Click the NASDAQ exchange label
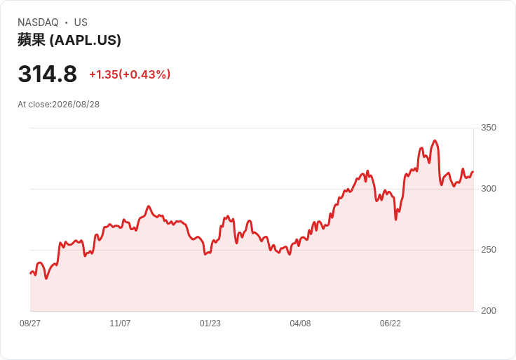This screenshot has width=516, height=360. pos(38,22)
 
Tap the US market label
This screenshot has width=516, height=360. pos(81,22)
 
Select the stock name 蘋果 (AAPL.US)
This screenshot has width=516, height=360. pos(69,40)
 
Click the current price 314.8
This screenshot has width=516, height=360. pos(48,74)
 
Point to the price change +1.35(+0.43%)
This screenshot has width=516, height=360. pos(130,74)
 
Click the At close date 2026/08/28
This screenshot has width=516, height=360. pos(76,105)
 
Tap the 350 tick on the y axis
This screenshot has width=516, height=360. pos(489,128)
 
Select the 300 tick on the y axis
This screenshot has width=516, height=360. pos(489,189)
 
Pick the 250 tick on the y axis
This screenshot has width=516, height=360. pos(489,250)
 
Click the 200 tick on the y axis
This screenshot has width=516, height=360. pos(489,311)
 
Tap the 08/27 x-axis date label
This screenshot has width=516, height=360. pos(30,323)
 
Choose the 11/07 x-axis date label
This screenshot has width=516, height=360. pos(120,323)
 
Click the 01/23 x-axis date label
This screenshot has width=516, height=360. pos(210,323)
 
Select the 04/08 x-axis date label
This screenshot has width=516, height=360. pos(300,323)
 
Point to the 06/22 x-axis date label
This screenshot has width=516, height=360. pos(391,323)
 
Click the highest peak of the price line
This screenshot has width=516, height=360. pos(435,140)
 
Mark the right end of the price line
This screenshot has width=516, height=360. pos(473,172)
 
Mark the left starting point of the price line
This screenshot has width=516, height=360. pos(30,273)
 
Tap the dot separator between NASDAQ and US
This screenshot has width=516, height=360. pos(67,22)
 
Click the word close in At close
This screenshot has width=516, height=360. pos(39,105)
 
